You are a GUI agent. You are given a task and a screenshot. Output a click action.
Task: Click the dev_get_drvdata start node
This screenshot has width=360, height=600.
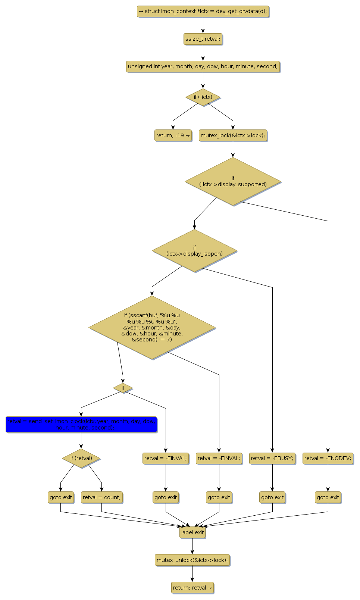click(203, 11)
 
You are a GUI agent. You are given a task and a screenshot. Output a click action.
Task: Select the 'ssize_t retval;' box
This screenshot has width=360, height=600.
click(203, 39)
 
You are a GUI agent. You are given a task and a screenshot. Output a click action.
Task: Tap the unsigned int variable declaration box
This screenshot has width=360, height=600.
click(203, 66)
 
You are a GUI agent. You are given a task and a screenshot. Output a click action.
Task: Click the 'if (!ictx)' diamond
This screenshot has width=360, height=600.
click(203, 97)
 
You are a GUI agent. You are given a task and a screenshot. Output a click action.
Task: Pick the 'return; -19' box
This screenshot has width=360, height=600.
click(173, 135)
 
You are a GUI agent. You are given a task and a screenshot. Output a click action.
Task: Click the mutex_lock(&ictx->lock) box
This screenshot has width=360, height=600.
click(233, 135)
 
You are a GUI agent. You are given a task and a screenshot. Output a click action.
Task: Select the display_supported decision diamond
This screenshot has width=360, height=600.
click(233, 181)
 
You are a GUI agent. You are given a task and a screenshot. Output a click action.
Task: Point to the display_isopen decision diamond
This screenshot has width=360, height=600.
click(194, 251)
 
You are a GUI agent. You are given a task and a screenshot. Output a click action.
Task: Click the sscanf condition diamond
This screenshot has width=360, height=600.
click(152, 328)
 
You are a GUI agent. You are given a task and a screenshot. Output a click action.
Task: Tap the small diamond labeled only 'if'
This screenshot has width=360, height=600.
click(123, 388)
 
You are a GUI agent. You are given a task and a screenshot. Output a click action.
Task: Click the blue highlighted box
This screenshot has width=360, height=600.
click(81, 425)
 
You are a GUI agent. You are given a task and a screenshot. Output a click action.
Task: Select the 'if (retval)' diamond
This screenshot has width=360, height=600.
click(81, 458)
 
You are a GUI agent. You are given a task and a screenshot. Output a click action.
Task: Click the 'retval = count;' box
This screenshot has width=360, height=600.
click(101, 497)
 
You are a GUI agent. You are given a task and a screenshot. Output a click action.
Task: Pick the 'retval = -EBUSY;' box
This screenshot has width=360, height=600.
click(272, 458)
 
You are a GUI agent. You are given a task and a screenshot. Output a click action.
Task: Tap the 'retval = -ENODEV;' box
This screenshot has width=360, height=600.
click(328, 458)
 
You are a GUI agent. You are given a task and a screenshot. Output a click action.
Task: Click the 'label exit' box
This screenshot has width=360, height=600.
click(192, 532)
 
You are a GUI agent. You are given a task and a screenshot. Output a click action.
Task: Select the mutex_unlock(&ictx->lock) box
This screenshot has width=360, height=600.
click(192, 560)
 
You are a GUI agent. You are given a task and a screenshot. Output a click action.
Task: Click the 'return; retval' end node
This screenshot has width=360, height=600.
click(192, 588)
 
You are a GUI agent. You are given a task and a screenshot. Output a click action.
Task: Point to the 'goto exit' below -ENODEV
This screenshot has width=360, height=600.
click(328, 497)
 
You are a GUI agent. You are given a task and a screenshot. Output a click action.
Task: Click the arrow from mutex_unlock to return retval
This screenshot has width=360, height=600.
click(192, 574)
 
